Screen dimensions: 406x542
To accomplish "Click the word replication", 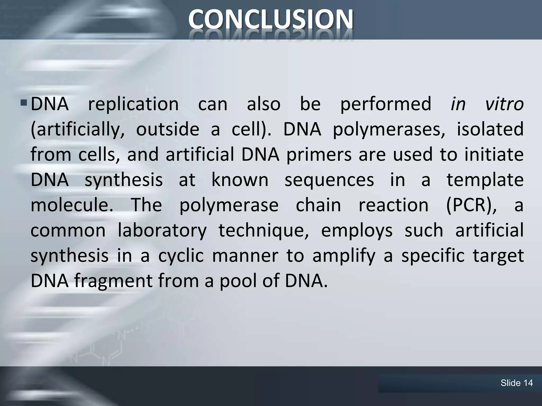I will [x=133, y=104].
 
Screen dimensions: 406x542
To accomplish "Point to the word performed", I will [x=386, y=104].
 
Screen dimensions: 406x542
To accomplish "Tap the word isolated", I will [x=490, y=129].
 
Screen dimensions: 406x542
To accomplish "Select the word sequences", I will [x=329, y=180].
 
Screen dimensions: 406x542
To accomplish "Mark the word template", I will [x=485, y=180].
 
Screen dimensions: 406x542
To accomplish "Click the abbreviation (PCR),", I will [x=471, y=205].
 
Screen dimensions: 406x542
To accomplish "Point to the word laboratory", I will [x=162, y=230].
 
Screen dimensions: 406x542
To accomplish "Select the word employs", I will [x=357, y=230].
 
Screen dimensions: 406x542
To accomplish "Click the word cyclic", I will [x=181, y=256].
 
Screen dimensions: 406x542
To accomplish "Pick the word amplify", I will [x=344, y=256].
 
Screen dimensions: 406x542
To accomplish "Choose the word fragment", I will [x=113, y=281].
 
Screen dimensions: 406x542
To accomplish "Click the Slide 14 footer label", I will [x=517, y=383].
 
